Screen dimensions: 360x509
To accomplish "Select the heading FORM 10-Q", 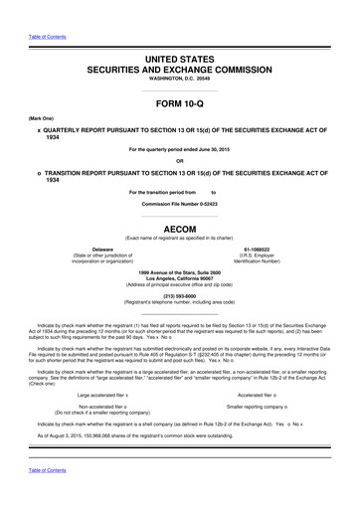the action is [179, 103].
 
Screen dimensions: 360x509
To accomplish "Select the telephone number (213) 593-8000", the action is [179, 293].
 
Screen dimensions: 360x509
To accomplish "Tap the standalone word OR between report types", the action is [179, 161].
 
